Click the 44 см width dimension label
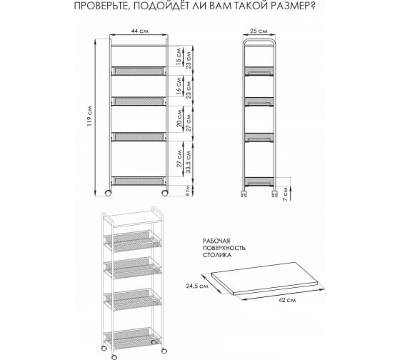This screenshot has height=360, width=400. pyautogui.click(x=140, y=31)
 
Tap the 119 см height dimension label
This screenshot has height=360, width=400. pyautogui.click(x=89, y=116)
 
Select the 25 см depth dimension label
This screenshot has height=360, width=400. pyautogui.click(x=259, y=31)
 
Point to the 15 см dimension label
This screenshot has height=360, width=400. pyautogui.click(x=179, y=56)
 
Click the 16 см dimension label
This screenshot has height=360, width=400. pyautogui.click(x=179, y=86)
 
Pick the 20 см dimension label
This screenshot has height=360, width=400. pyautogui.click(x=179, y=118)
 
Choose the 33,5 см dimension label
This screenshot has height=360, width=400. pyautogui.click(x=189, y=161)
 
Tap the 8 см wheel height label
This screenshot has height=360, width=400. pyautogui.click(x=187, y=190)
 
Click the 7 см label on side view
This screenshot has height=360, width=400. pyautogui.click(x=285, y=194)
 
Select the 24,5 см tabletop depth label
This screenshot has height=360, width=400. pyautogui.click(x=197, y=286)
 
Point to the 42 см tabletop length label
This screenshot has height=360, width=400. pyautogui.click(x=287, y=300)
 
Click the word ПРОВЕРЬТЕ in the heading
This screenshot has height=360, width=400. pyautogui.click(x=100, y=6)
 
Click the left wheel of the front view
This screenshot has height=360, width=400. pyautogui.click(x=108, y=193)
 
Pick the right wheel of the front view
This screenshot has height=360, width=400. pyautogui.click(x=165, y=193)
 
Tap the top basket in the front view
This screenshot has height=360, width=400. pyautogui.click(x=139, y=71)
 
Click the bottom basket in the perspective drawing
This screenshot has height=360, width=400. pyautogui.click(x=132, y=338)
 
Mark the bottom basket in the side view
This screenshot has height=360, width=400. pyautogui.click(x=259, y=181)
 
